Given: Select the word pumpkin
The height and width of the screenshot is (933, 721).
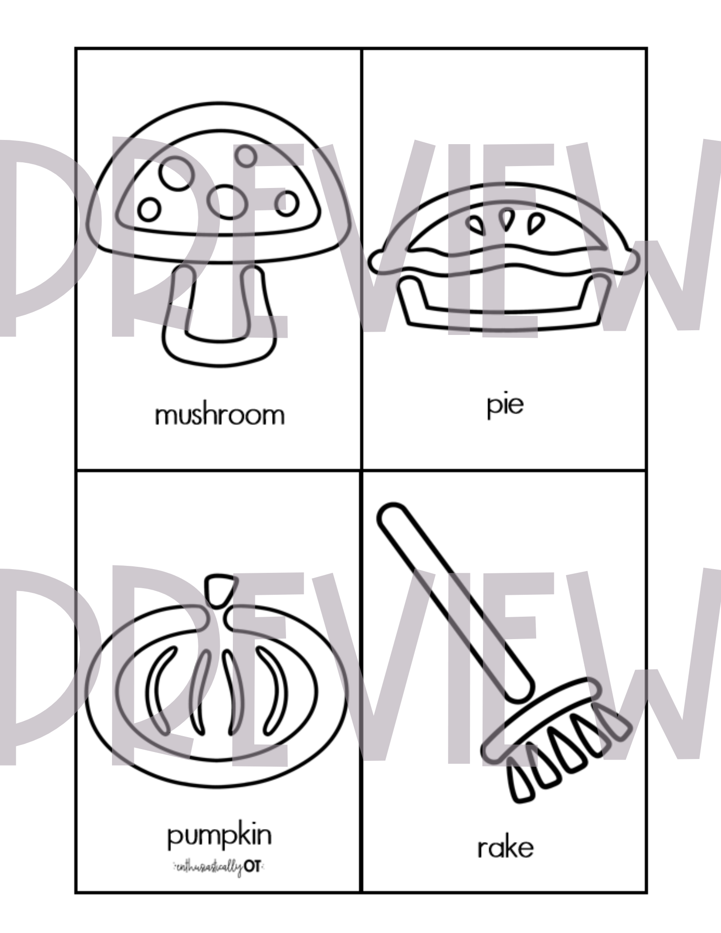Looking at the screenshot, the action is coord(219,836).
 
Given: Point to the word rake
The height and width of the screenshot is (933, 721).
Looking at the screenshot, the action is coord(505,848).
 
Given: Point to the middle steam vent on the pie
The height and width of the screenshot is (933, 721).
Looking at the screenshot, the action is coord(505,219).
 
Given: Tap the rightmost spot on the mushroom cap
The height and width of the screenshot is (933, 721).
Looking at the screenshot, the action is coord(286,203).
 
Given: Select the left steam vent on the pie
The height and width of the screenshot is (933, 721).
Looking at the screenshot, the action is coord(477,224).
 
